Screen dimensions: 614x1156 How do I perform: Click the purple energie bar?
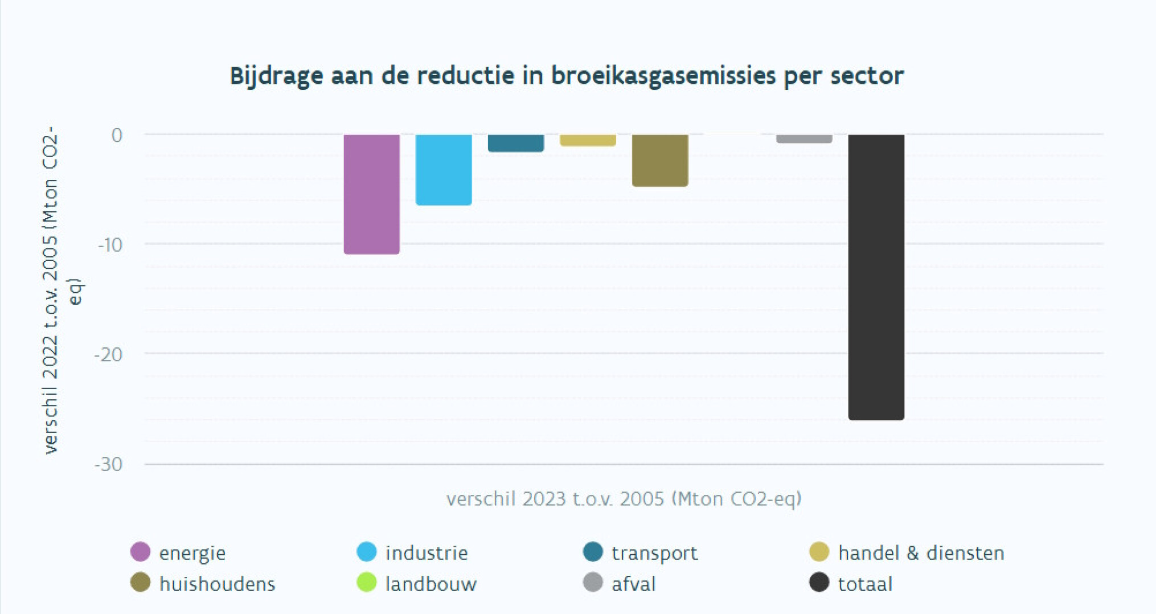pyautogui.click(x=371, y=194)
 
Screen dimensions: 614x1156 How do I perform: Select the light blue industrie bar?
pyautogui.click(x=443, y=169)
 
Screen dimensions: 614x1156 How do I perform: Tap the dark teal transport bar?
pyautogui.click(x=515, y=143)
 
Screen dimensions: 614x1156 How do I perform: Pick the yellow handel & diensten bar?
pyautogui.click(x=588, y=140)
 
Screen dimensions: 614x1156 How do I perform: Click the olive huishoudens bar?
pyautogui.click(x=659, y=160)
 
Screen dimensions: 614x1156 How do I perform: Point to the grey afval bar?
pyautogui.click(x=804, y=138)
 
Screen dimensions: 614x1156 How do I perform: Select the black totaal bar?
pyautogui.click(x=876, y=277)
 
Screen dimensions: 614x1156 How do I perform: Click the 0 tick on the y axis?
pyautogui.click(x=117, y=135)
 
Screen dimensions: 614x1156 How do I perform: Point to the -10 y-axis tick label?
pyautogui.click(x=110, y=245)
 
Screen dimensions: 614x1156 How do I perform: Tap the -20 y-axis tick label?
pyautogui.click(x=109, y=355)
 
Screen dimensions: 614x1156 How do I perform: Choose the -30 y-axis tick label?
pyautogui.click(x=109, y=465)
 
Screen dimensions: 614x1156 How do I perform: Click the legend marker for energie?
pyautogui.click(x=140, y=552)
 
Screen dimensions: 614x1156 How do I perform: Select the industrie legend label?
pyautogui.click(x=426, y=553)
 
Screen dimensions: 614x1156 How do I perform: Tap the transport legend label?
pyautogui.click(x=654, y=553)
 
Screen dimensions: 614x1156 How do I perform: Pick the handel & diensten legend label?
pyautogui.click(x=921, y=553)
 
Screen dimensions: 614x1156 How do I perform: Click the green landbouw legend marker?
pyautogui.click(x=366, y=583)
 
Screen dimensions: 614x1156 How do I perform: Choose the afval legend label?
pyautogui.click(x=633, y=584)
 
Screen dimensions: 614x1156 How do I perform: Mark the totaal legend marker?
pyautogui.click(x=819, y=583)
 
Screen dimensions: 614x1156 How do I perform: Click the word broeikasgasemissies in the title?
pyautogui.click(x=663, y=76)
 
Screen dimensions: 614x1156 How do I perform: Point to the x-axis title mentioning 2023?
pyautogui.click(x=624, y=499)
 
